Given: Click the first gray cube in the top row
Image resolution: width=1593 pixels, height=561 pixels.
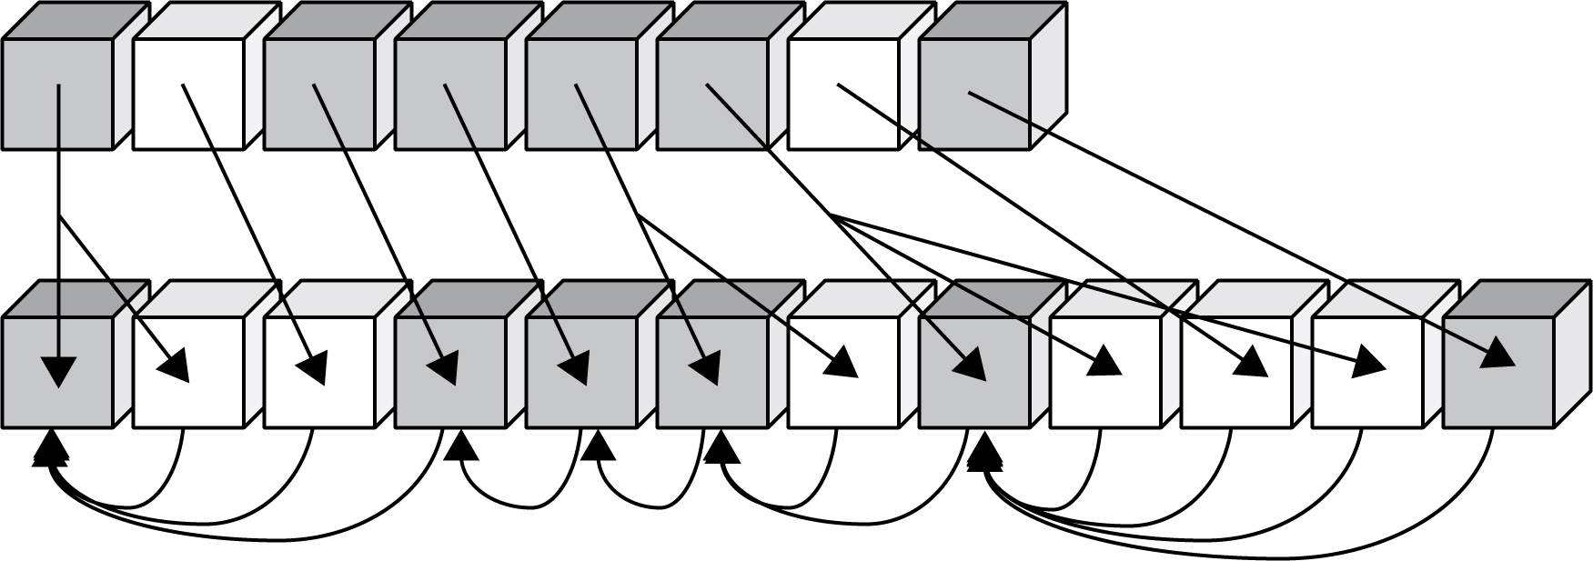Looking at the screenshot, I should [x=57, y=94].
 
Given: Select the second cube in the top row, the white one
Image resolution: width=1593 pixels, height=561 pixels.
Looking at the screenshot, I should [x=188, y=94].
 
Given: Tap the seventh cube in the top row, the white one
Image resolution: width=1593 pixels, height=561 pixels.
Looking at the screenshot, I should [x=843, y=94].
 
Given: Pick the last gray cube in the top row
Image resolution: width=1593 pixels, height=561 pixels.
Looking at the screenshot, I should [x=974, y=94].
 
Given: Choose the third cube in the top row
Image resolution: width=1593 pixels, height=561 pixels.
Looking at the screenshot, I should [x=319, y=94].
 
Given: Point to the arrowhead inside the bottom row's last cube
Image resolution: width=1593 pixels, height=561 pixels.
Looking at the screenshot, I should [x=1498, y=353].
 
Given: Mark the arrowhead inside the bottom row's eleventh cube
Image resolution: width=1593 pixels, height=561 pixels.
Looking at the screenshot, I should [x=1369, y=363].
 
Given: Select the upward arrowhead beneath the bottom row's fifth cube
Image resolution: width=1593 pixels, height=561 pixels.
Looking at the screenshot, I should [x=597, y=446].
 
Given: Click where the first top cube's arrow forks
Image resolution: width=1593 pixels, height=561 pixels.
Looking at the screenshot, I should [x=58, y=218].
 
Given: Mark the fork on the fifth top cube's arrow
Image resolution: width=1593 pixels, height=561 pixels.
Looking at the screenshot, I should [x=638, y=215].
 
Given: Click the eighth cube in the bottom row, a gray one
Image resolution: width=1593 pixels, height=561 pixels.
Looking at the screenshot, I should [x=974, y=372].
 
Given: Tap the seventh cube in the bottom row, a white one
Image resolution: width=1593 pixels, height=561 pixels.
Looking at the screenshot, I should [x=843, y=372].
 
